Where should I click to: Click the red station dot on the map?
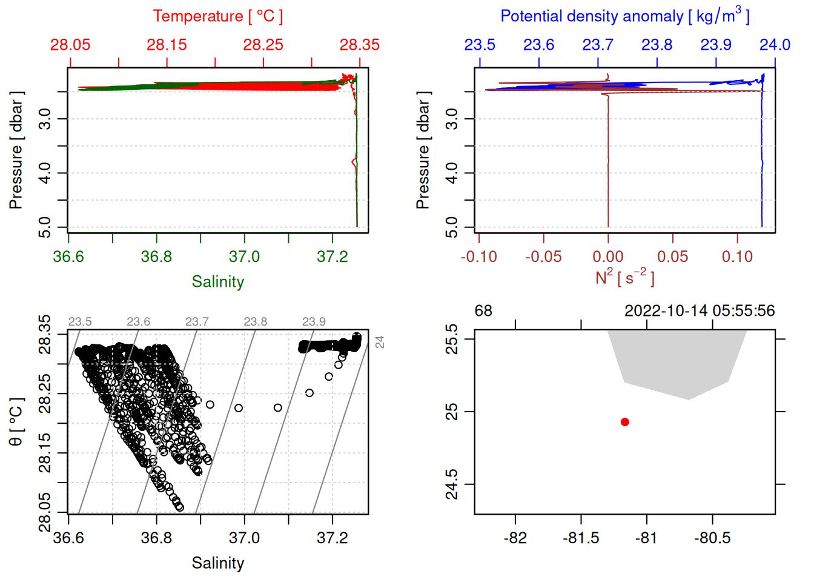[625, 422]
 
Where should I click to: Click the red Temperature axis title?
[217, 16]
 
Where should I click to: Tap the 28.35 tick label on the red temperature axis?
[360, 45]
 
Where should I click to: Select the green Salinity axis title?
[217, 282]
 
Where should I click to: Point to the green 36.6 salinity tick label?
[68, 256]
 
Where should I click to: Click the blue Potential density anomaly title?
[624, 16]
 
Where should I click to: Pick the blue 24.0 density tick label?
[775, 45]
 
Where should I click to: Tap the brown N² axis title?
[624, 278]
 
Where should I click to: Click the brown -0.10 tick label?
[478, 256]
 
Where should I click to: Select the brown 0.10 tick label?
[737, 256]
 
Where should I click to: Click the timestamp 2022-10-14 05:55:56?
[700, 311]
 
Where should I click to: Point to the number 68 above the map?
[483, 311]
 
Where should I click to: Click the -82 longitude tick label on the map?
[515, 538]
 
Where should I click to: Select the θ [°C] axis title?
[16, 422]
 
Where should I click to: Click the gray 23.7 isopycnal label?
[197, 322]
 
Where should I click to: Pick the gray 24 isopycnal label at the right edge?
[380, 342]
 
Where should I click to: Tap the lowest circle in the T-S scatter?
[179, 507]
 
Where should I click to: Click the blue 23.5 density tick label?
[480, 45]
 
